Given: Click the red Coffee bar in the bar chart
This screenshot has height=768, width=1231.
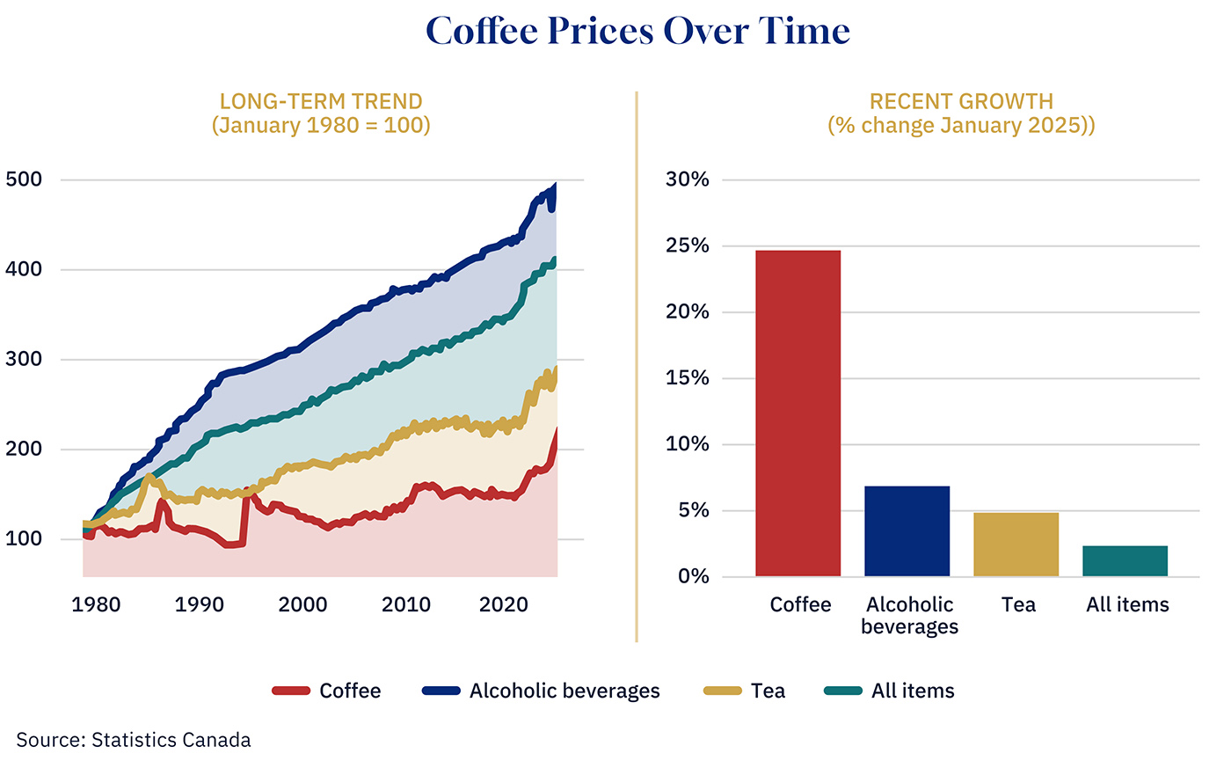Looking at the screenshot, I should [x=798, y=413].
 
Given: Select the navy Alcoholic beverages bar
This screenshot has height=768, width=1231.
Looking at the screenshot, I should [x=907, y=531].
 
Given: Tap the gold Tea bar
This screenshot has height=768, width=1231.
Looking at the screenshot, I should [x=1016, y=545].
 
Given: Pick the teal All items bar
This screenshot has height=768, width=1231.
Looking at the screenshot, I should [x=1125, y=561].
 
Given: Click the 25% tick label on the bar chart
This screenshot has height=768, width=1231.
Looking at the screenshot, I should [x=688, y=245].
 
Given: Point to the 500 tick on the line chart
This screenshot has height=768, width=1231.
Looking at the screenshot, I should [x=24, y=179].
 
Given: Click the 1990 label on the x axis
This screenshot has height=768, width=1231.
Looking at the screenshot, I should [x=199, y=604].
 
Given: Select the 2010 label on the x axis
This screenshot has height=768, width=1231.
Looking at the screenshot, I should [x=406, y=604].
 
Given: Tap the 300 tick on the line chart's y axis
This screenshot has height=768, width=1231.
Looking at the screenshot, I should [x=24, y=359].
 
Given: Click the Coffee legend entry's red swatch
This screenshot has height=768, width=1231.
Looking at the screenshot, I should [x=291, y=691].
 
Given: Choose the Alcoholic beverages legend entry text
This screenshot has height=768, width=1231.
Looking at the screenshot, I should [x=565, y=691].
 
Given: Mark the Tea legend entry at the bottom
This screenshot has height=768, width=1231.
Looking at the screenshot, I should [x=768, y=691].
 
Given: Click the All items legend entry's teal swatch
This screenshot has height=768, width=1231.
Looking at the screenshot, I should [x=842, y=691].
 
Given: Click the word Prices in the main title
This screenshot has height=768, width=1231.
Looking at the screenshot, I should [x=601, y=32].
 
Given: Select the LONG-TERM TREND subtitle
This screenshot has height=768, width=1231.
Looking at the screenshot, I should [x=321, y=102].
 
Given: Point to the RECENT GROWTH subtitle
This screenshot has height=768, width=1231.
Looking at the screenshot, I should [x=961, y=102].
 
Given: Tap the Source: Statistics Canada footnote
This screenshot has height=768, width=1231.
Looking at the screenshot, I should [x=134, y=740].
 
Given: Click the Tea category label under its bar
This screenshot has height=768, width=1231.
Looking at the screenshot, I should [x=1018, y=604].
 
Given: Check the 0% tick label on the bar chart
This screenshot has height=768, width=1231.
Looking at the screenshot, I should [x=693, y=576].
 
